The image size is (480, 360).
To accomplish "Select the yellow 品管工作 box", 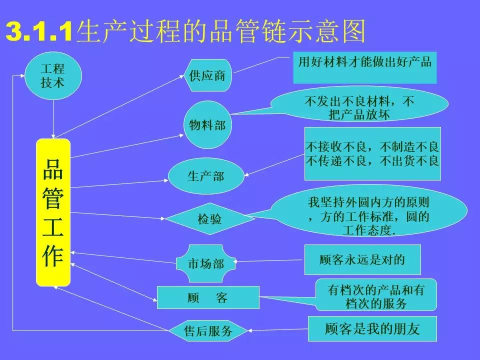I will [x=53, y=212].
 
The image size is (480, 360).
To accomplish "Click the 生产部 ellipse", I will [x=205, y=176].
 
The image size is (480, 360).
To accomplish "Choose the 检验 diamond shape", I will [x=209, y=218].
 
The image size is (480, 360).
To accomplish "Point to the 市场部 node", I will [x=206, y=263].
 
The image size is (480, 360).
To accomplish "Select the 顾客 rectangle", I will [x=208, y=298].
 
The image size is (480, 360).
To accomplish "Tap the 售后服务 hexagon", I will [x=208, y=330].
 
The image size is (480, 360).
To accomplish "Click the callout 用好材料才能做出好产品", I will [x=364, y=67].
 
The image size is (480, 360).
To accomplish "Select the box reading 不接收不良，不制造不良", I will [x=372, y=153].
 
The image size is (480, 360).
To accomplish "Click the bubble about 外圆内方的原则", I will [x=368, y=212].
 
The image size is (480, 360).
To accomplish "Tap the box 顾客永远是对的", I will [x=362, y=260].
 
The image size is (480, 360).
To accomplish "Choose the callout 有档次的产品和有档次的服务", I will [x=376, y=296].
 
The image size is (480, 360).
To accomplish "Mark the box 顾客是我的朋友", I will [x=372, y=329].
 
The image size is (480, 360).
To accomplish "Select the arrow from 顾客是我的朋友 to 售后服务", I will [x=278, y=329].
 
